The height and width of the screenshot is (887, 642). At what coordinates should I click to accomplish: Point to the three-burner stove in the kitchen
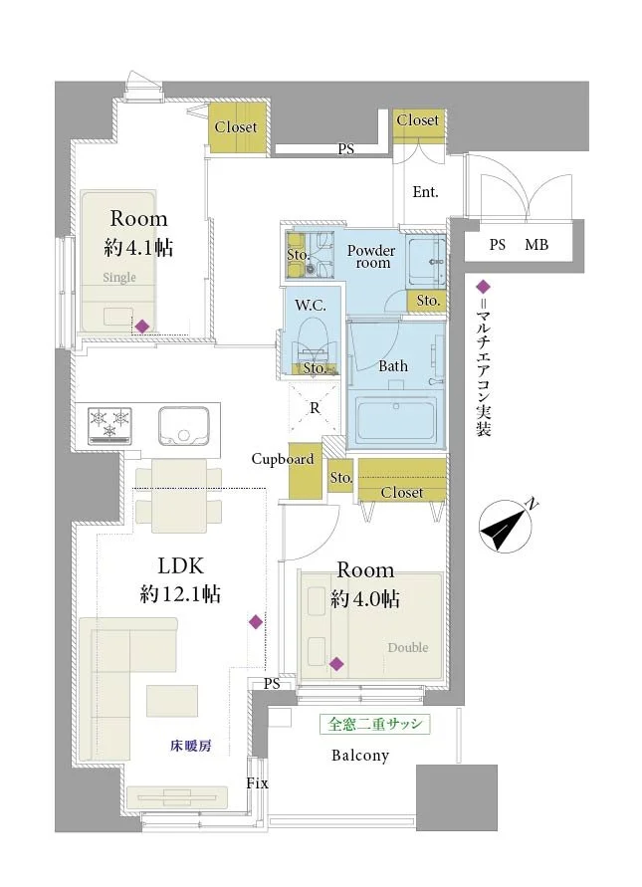[x=109, y=424]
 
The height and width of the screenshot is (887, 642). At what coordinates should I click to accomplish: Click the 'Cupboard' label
[x=282, y=460]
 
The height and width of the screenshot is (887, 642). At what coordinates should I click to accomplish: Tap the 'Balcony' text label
[x=359, y=756]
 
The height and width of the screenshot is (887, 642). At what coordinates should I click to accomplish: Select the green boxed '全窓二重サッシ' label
[x=374, y=724]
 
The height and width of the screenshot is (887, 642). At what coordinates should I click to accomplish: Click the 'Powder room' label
[x=370, y=257]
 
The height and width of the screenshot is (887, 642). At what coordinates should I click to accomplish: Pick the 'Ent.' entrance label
[x=425, y=192]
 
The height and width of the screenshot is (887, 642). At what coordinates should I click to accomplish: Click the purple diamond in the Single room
[x=143, y=326]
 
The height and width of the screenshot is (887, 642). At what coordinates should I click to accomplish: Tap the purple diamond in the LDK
[x=256, y=622]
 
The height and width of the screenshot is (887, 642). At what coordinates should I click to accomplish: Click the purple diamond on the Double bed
[x=337, y=664]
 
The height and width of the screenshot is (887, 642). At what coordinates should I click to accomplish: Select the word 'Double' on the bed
[x=407, y=648]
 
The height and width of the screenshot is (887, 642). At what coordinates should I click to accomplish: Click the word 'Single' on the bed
[x=117, y=278]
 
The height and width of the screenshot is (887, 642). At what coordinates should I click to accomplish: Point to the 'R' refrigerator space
[x=315, y=407]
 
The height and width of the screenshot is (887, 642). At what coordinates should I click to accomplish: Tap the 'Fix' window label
[x=257, y=783]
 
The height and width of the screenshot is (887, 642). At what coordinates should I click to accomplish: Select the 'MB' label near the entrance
[x=536, y=245]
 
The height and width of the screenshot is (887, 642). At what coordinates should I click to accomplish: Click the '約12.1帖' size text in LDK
[x=179, y=595]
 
